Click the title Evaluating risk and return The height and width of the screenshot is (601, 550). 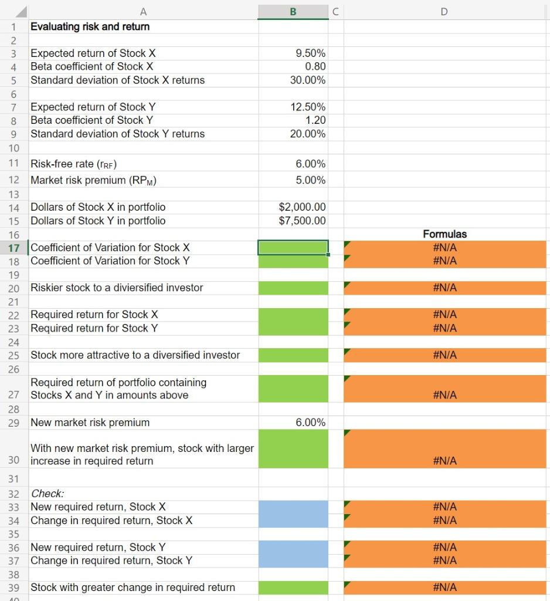(x=90, y=26)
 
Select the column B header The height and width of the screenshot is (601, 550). (x=293, y=10)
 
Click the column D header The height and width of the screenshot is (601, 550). (x=444, y=10)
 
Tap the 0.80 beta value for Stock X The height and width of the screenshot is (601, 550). (x=315, y=66)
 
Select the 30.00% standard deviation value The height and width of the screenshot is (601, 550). (x=308, y=80)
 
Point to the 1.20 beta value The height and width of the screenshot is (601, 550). (x=315, y=120)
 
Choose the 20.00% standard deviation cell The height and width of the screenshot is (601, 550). (x=308, y=134)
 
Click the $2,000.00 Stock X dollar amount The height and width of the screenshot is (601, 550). (x=303, y=207)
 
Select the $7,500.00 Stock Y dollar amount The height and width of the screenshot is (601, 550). (x=303, y=221)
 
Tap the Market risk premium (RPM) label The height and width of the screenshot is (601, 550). (x=93, y=180)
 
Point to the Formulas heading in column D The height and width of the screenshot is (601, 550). (x=444, y=234)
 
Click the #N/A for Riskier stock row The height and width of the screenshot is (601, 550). (x=444, y=288)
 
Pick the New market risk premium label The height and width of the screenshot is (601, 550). (x=90, y=423)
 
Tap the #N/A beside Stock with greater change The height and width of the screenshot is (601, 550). (x=444, y=588)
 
